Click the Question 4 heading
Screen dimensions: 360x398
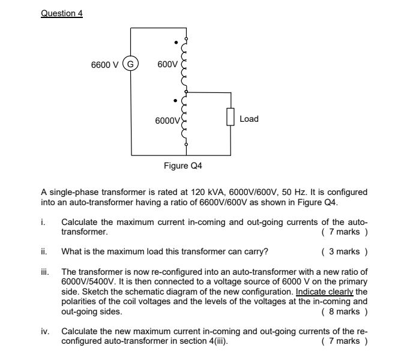pos(61,13)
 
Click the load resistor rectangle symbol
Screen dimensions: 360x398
pos(231,119)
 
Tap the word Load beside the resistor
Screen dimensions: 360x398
pos(249,119)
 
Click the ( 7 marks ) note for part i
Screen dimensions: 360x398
pos(344,231)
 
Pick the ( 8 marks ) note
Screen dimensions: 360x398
pos(344,312)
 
